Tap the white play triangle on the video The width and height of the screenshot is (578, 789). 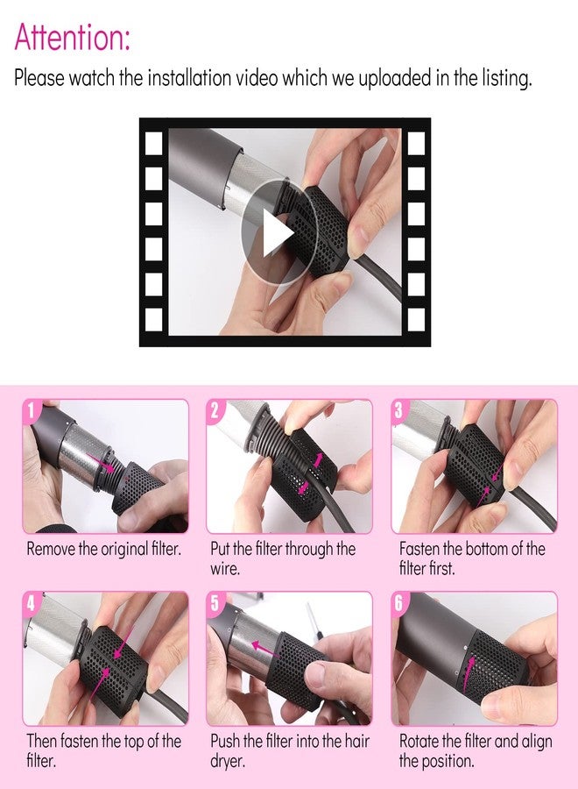pos(278,233)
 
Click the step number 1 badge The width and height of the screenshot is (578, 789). pos(31,410)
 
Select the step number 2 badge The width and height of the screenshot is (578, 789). pos(215,410)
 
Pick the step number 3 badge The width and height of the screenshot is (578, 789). pos(399,410)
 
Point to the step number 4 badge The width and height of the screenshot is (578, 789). pos(31,602)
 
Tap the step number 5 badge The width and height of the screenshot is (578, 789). pos(215,602)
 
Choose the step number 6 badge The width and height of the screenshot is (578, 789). pos(399,602)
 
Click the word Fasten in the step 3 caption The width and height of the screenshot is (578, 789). pos(419,549)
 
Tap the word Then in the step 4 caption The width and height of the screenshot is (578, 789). pos(42,741)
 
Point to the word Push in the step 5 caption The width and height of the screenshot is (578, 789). pos(225,741)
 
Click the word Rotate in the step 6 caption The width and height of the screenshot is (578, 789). pos(418,741)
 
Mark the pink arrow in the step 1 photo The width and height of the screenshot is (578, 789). pos(100,462)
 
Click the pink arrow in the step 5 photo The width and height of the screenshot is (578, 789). pos(265,649)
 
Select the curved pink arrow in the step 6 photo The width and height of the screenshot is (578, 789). pos(469,672)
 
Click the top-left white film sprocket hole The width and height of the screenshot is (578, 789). pos(154,143)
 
